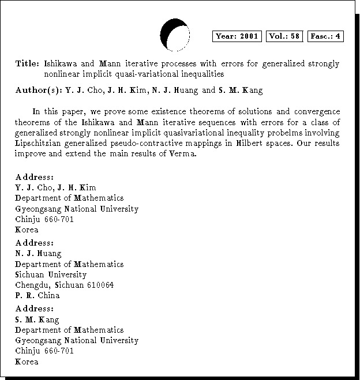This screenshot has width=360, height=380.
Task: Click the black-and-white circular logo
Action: coord(175,35)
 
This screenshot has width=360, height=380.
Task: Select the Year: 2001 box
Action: coord(237,36)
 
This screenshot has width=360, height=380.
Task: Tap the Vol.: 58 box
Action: coord(284,36)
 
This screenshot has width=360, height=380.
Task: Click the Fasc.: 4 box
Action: coord(325,36)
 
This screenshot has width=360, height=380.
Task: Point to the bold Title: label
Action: coord(27,63)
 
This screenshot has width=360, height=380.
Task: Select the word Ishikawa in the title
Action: coord(63,63)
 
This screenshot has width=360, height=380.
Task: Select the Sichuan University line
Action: coord(51,275)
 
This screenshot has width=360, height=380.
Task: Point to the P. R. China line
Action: coord(37,296)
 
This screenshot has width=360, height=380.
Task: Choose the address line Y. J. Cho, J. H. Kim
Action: coord(55,188)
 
